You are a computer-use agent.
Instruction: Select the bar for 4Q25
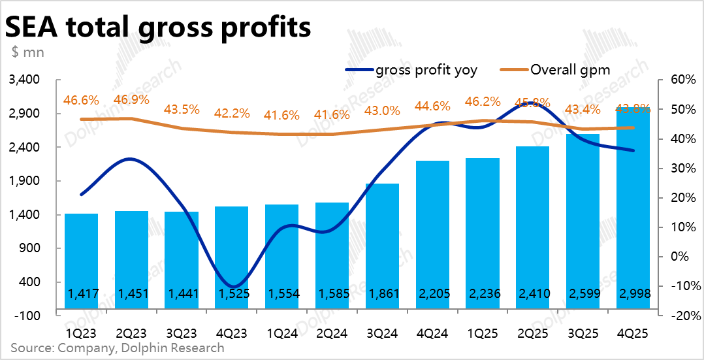[633, 209]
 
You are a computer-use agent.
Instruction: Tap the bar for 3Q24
[382, 248]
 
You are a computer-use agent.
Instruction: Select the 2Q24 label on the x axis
[332, 332]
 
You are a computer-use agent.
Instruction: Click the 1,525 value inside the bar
[231, 295]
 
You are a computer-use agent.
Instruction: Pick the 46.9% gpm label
[131, 100]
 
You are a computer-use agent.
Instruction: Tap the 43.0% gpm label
[382, 111]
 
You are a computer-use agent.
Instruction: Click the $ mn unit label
[27, 52]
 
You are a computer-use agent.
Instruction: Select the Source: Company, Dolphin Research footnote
[118, 348]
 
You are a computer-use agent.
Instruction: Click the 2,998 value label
[633, 295]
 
